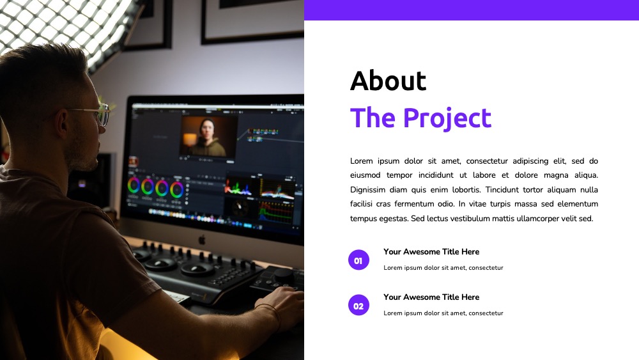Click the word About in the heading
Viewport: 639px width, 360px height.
tap(388, 81)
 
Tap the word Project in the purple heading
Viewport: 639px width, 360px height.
tap(447, 118)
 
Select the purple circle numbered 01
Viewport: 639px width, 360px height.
tap(358, 260)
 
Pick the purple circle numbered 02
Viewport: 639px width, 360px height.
tap(358, 306)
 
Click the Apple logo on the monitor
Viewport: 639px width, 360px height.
tap(202, 240)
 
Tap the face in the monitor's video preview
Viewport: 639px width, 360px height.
tap(208, 129)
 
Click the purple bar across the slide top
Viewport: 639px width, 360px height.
tap(472, 10)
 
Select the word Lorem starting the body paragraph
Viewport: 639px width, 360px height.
tap(362, 161)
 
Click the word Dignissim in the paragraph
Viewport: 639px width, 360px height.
tap(367, 190)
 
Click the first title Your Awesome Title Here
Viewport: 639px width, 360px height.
tap(431, 252)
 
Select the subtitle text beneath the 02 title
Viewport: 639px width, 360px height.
tap(443, 313)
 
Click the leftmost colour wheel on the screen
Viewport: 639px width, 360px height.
tap(134, 185)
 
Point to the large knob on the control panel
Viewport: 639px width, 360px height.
tap(282, 274)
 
